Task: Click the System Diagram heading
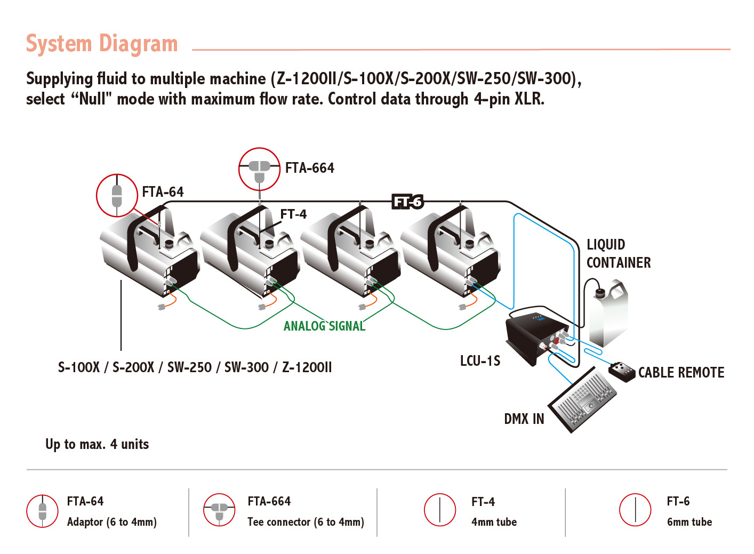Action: [x=102, y=44]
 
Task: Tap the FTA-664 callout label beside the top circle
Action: [x=309, y=168]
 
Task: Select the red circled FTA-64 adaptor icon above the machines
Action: [x=117, y=195]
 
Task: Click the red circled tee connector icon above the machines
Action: [x=259, y=169]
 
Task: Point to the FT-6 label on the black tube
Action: [x=408, y=202]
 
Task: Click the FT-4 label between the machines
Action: [x=293, y=214]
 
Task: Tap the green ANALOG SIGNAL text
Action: [x=324, y=326]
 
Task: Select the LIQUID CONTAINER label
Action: [x=618, y=253]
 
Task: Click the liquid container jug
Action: [x=608, y=315]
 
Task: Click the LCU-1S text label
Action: [x=480, y=361]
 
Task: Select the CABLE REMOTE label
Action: [x=681, y=373]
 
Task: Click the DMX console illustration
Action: [x=582, y=400]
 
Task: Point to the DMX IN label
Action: [x=524, y=419]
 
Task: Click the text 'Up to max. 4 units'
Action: [x=97, y=444]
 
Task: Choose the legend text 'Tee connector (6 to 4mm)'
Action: [x=306, y=522]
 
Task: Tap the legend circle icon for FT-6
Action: [x=635, y=510]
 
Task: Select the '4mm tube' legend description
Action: [x=494, y=522]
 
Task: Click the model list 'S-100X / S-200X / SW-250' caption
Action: [x=195, y=367]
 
